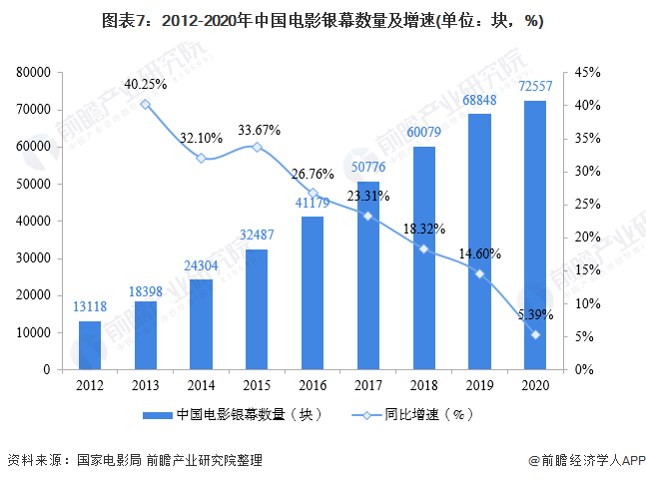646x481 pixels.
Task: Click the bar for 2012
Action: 90,344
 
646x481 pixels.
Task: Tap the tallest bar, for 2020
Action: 535,235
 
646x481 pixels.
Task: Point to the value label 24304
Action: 201,266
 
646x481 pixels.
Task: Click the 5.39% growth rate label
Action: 534,314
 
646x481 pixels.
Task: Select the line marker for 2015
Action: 257,147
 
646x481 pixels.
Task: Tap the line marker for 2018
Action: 424,248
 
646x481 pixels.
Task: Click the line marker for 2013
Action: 146,104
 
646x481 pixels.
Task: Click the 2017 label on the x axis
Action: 368,384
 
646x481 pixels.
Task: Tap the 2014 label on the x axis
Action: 201,384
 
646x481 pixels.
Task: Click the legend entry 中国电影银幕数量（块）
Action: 240,413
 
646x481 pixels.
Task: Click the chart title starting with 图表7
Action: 323,21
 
